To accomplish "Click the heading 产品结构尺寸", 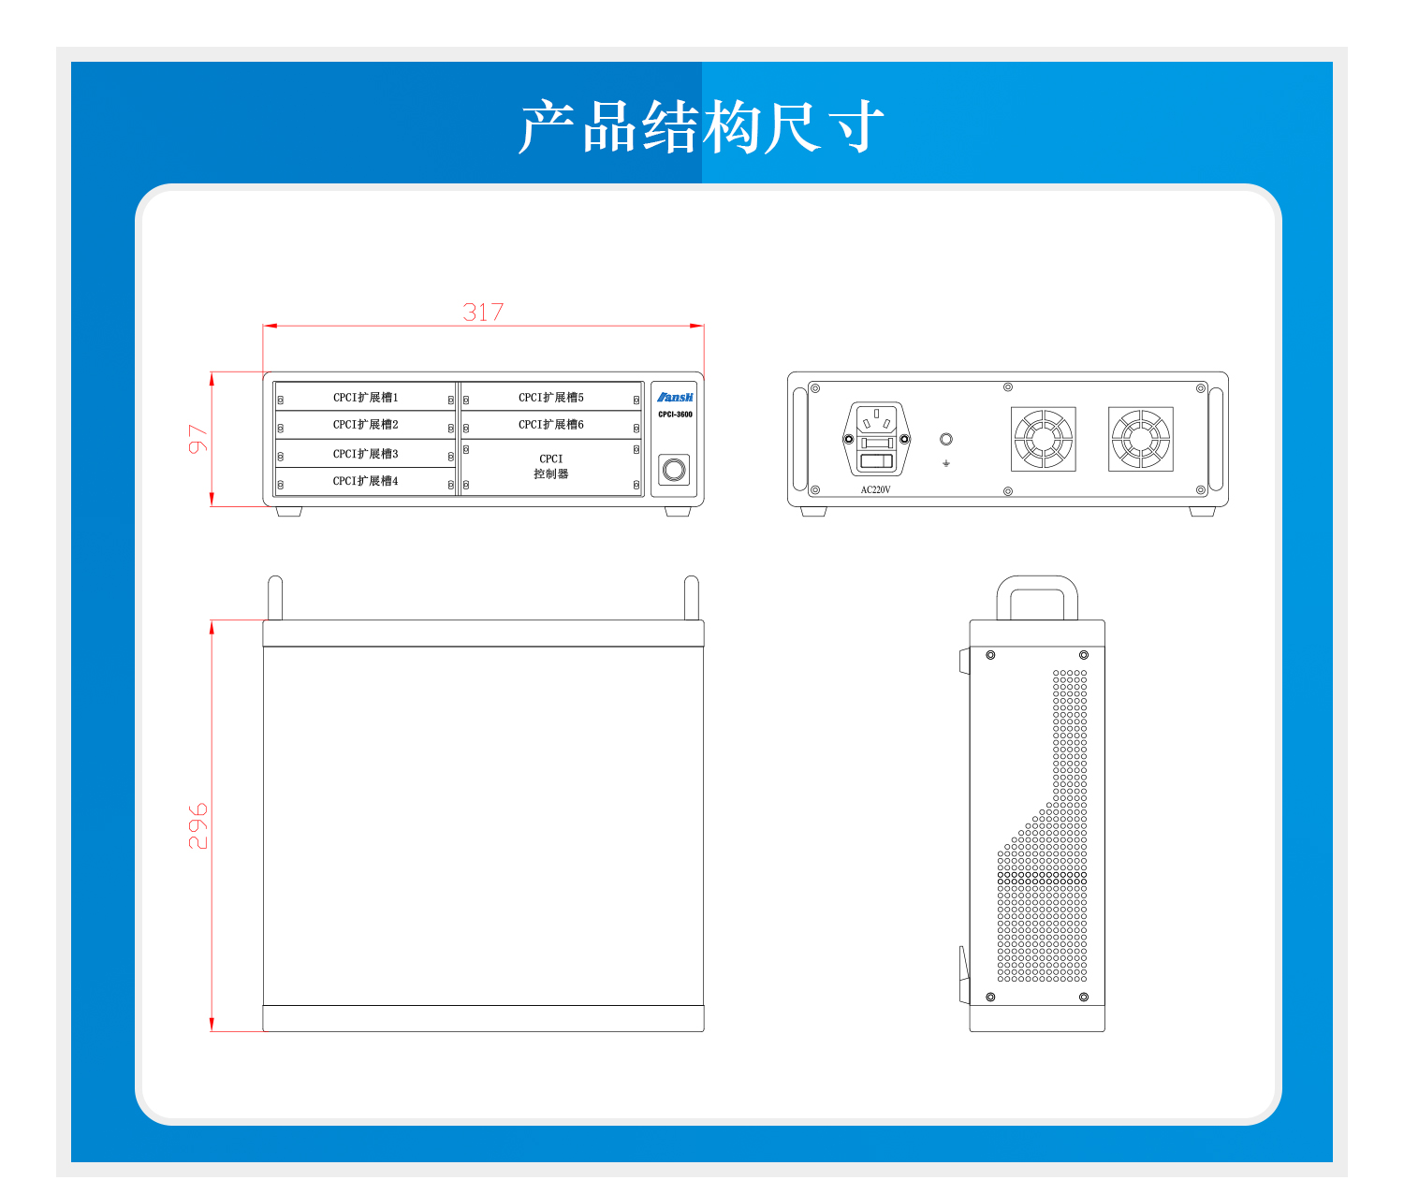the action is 701,125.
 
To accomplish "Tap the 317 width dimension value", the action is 483,312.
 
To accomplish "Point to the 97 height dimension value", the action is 197,438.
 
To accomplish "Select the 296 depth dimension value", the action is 197,825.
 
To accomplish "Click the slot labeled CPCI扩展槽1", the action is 365,398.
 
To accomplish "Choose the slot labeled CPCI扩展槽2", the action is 365,425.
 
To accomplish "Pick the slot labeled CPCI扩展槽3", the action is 365,454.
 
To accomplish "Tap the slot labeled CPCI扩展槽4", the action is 365,481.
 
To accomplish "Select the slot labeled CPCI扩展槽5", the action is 550,398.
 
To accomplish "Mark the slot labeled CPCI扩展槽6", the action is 550,425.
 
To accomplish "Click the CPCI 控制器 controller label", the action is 550,467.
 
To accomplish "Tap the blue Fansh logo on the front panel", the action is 675,398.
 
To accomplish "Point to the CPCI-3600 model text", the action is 675,415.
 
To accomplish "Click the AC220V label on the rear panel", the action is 875,490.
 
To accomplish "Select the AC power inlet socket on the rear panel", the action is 876,439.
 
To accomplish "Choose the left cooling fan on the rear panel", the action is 1044,439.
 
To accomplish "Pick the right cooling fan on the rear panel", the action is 1141,439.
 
